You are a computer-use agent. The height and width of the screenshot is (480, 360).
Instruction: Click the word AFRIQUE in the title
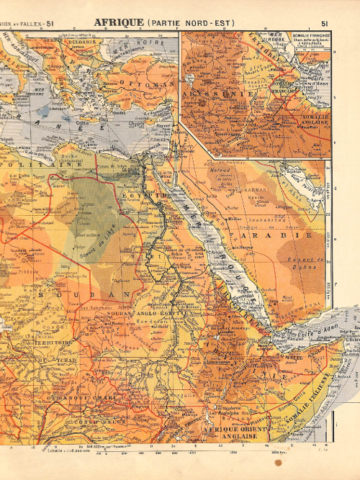coord(119,23)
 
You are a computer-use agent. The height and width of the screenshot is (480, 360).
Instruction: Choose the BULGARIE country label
coord(82,42)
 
